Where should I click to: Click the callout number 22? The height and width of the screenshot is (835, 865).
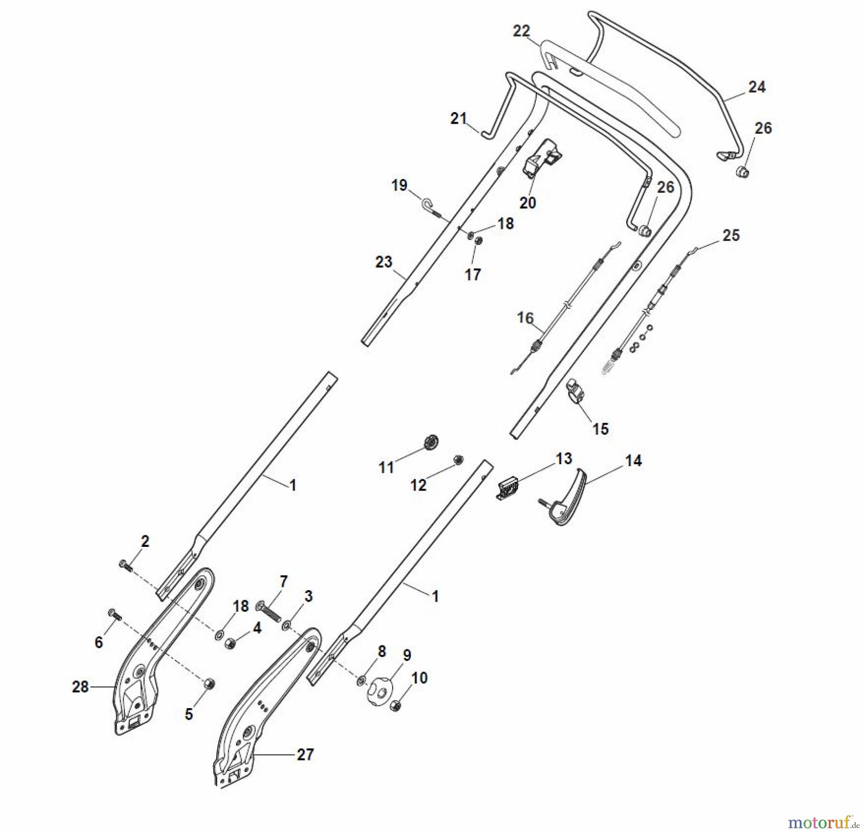521,31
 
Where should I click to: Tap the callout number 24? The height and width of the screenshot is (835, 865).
757,87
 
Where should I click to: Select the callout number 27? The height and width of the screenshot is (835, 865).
305,755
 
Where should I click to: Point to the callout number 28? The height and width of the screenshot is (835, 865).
80,687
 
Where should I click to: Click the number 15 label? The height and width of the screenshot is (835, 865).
600,429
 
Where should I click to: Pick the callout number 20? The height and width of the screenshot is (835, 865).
527,203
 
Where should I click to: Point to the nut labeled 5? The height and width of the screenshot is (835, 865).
209,683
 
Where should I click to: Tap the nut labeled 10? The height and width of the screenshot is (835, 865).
395,706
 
